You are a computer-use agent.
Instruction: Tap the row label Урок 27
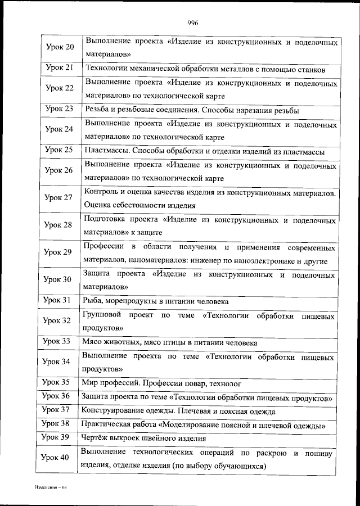(x=59, y=197)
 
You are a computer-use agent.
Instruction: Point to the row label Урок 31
(x=59, y=300)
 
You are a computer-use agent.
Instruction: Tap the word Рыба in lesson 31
(x=92, y=300)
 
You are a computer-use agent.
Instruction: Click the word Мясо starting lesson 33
(x=92, y=341)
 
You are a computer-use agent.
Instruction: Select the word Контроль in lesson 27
(x=100, y=192)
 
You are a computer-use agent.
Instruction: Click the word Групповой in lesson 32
(x=101, y=315)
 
